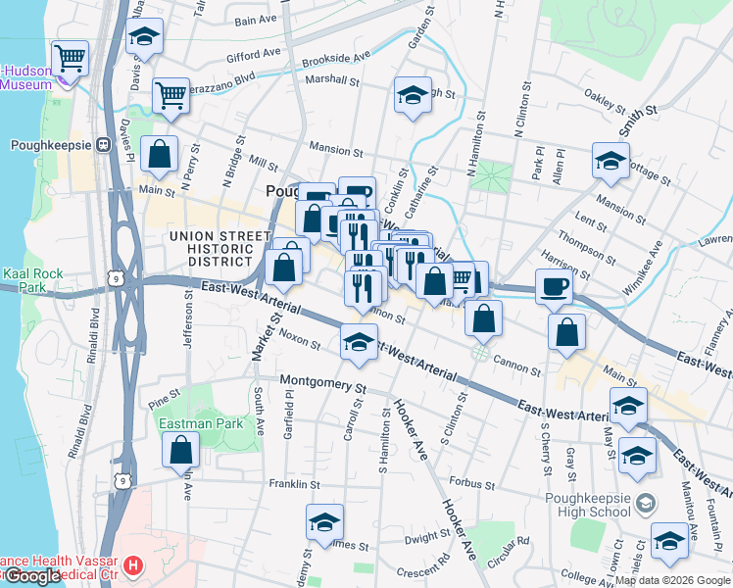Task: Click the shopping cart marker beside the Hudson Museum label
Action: [71, 59]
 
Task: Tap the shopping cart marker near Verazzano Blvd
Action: [171, 96]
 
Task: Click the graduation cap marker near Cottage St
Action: [611, 161]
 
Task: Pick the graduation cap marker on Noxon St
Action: [359, 343]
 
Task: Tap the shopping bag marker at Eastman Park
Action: [181, 450]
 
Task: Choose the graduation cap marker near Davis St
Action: [145, 39]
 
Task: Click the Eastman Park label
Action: [187, 424]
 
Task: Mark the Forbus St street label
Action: [471, 482]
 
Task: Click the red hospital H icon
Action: [134, 565]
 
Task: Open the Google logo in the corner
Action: [33, 576]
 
